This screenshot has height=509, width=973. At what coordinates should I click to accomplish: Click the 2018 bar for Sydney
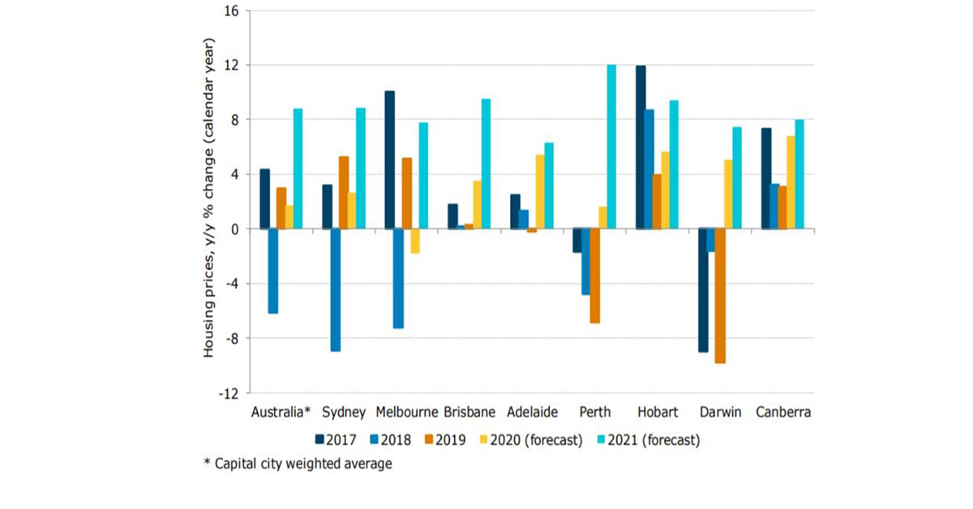pos(335,290)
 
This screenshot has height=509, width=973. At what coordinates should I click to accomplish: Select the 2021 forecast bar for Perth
pos(611,147)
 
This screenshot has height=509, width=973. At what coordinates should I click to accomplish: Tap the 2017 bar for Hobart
pos(641,147)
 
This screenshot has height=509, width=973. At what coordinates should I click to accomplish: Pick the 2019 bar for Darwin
pos(719,296)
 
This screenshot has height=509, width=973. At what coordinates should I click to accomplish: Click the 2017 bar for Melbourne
pos(389,160)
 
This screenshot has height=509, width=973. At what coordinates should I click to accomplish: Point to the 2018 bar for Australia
pos(272,271)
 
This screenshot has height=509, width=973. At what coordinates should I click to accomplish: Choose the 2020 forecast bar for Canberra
pos(791,182)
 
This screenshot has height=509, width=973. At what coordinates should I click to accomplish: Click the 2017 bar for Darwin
pos(702,290)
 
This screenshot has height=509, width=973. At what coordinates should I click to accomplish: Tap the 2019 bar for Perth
pos(594,276)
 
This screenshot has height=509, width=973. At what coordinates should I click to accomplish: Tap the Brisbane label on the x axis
pos(469,412)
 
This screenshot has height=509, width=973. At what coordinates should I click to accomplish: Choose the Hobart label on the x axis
pos(658,412)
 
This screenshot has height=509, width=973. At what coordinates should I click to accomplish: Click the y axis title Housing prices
pos(208,199)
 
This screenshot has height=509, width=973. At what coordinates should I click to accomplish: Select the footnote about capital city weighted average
pos(298,464)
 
